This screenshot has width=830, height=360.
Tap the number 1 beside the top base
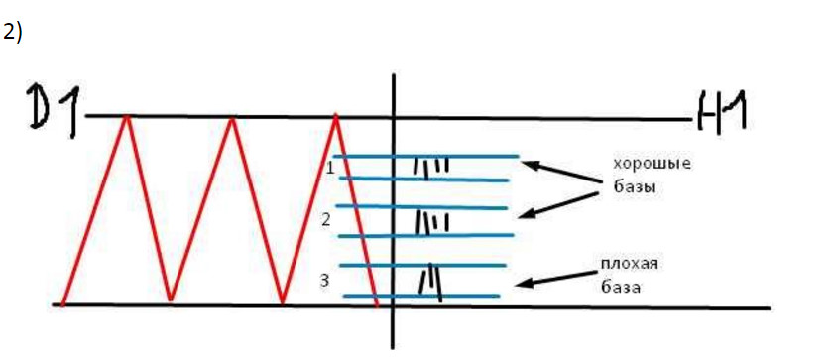coord(330,169)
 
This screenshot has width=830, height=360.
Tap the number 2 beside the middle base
coord(326,219)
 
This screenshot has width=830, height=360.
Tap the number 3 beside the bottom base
coord(325,281)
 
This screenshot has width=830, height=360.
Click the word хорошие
coord(652,164)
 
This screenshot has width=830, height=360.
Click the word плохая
coord(630,264)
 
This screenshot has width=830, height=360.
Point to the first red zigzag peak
coord(126,115)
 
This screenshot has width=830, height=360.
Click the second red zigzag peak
coord(231,118)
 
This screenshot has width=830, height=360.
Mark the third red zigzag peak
coord(335,115)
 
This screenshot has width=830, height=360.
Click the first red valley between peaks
coord(170,300)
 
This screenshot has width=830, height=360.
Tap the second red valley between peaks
coord(283,303)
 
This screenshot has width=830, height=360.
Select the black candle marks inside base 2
coord(431,222)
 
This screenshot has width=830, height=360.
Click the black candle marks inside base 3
coord(430,284)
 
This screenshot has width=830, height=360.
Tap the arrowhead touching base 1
coord(530,166)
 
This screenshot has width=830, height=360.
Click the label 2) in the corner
coord(12,33)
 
